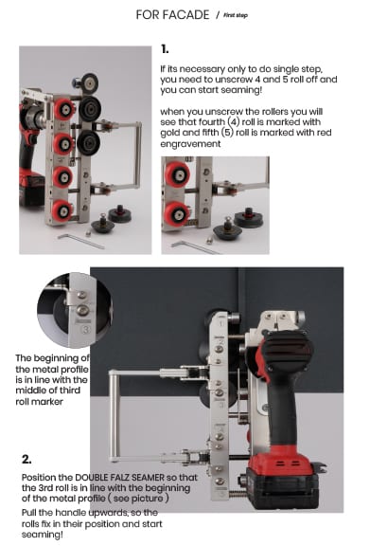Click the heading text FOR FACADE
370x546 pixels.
[x=172, y=14]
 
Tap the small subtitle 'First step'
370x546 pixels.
[x=236, y=15]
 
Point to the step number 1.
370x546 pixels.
[x=165, y=49]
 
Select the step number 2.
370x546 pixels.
[x=26, y=460]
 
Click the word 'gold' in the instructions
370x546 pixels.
[x=170, y=133]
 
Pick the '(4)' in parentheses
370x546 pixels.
[x=234, y=122]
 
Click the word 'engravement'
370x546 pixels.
[x=190, y=144]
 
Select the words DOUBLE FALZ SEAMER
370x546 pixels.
[x=119, y=477]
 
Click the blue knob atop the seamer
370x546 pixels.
[x=76, y=82]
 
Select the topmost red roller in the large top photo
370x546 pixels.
[x=64, y=109]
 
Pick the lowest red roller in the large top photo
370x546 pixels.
[x=62, y=210]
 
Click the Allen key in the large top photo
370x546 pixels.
[x=80, y=241]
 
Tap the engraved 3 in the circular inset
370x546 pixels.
[x=85, y=329]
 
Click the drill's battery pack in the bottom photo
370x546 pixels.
[x=283, y=486]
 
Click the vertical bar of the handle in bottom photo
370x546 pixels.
[x=113, y=416]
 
